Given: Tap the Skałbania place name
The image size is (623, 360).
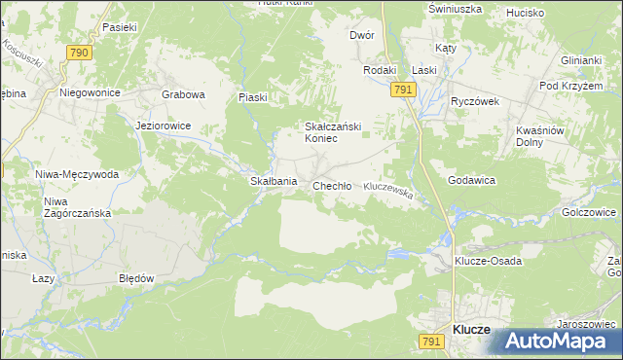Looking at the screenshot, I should click(274, 182).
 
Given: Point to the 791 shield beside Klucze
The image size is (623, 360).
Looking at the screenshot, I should click(431, 341).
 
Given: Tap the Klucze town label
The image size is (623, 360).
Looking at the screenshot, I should click(472, 330).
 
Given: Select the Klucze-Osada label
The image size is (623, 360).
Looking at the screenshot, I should click(489, 261).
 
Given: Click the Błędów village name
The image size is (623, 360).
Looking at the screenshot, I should click(136, 277).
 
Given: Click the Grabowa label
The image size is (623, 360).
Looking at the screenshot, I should click(183, 94).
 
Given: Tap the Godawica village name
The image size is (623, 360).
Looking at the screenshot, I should click(472, 181).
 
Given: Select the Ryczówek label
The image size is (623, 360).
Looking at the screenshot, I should click(474, 100).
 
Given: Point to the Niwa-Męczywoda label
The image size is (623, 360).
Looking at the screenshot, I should click(76, 174).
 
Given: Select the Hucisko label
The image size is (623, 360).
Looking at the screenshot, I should click(526, 14).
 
